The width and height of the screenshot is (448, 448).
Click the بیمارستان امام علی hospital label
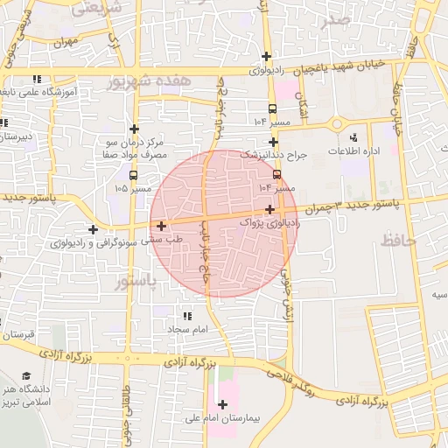click(x=223, y=419)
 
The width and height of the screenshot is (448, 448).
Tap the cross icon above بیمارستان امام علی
click(x=223, y=404)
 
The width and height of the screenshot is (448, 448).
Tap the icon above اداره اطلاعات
click(x=353, y=137)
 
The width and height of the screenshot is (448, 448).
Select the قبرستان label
click(x=17, y=335)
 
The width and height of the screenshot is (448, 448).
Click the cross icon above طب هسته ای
click(x=161, y=226)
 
